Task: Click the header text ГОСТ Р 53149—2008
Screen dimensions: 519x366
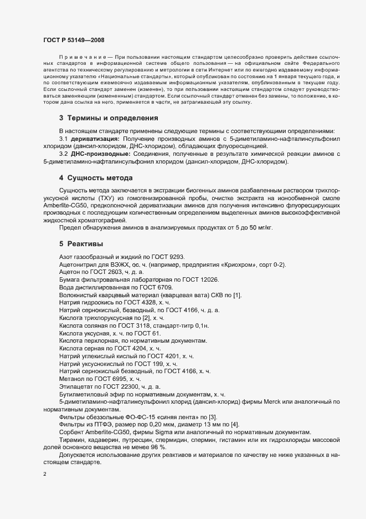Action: (x=73, y=40)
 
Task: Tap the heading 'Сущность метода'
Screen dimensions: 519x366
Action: (x=100, y=178)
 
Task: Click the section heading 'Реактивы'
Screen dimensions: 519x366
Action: (x=85, y=243)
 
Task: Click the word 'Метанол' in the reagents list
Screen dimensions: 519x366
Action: (x=72, y=379)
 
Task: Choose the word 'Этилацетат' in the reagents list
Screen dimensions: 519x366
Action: (x=75, y=386)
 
